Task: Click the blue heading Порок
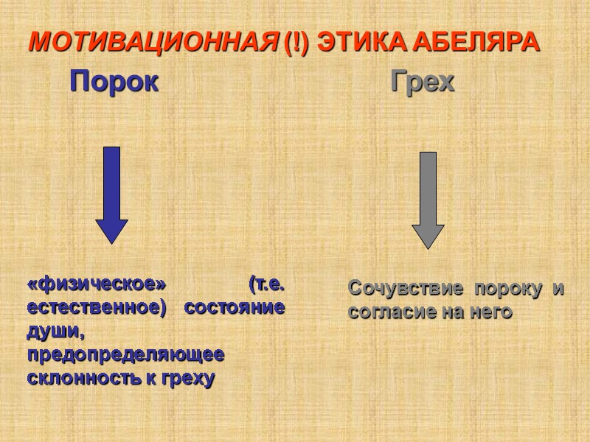click(x=114, y=82)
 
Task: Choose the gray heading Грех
click(x=423, y=82)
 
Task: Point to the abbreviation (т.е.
click(x=266, y=284)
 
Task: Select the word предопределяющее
click(x=125, y=356)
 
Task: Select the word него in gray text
click(x=490, y=312)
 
